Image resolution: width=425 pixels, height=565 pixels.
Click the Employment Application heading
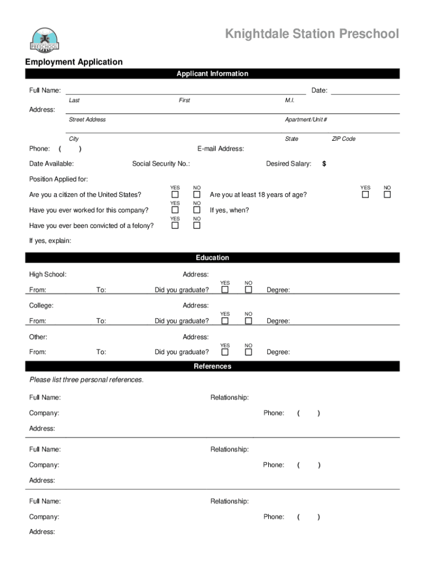(73, 62)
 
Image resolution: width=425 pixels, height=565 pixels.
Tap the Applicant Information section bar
(212, 74)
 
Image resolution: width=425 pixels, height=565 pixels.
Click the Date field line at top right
(365, 91)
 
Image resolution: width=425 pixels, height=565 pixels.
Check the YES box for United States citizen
(175, 195)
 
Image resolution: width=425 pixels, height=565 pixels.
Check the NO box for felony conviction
(196, 226)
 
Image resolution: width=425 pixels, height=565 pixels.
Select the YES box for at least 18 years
(365, 195)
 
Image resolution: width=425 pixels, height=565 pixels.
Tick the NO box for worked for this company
(196, 210)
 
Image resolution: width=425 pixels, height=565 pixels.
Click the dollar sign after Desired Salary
(325, 164)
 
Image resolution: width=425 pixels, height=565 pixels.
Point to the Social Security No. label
(161, 164)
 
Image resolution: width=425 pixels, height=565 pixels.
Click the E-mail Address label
(221, 149)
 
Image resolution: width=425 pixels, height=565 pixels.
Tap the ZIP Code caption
(343, 139)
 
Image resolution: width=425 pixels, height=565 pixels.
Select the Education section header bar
(212, 258)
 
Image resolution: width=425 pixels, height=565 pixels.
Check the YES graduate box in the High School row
(225, 290)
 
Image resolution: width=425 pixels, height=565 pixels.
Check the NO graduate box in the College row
(248, 321)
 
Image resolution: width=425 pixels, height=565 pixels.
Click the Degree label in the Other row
(278, 353)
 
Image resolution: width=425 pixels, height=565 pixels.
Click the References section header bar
(212, 366)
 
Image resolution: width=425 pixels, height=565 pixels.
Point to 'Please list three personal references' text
(86, 380)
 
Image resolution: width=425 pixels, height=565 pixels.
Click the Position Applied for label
(59, 179)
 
